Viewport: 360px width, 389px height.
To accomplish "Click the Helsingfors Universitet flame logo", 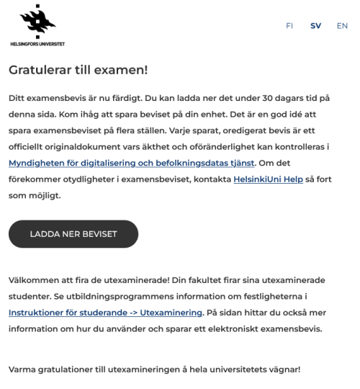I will point(36,21).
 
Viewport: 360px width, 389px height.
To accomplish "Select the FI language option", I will point(289,25).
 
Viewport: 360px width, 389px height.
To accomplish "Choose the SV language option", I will point(315,25).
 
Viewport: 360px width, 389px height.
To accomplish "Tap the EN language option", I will point(341,25).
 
